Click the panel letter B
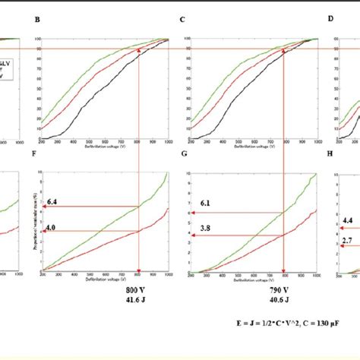coord(36,23)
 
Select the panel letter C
coord(181,23)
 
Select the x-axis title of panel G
coord(251,279)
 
